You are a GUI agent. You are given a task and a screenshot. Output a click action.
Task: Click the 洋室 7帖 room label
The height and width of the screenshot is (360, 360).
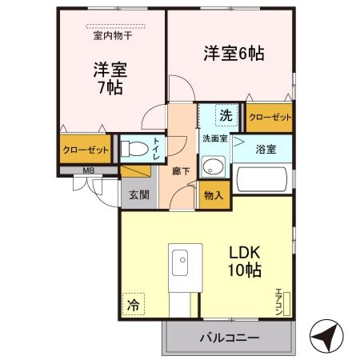[x=105, y=78]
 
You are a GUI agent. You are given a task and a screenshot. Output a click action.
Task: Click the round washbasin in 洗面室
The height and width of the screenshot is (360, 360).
[x=213, y=166]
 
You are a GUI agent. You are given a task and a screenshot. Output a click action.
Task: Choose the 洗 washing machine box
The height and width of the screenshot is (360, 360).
[x=226, y=115]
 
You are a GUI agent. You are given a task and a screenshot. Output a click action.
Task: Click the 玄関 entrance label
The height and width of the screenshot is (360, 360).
[x=138, y=194]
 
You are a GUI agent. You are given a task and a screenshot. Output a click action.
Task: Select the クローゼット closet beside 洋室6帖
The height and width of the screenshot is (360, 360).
[x=269, y=116]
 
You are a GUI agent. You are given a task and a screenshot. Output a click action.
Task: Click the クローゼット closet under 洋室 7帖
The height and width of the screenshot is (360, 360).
[x=84, y=149]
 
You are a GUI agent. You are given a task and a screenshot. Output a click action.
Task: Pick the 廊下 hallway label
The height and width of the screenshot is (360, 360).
[x=181, y=170]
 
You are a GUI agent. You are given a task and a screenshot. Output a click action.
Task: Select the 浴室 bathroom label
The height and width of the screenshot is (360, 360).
[x=266, y=148]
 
